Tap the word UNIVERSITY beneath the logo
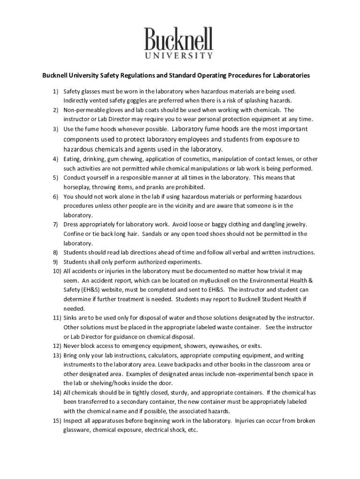point(179,56)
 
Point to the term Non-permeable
point(81,110)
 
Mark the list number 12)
point(57,346)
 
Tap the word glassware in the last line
point(78,430)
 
